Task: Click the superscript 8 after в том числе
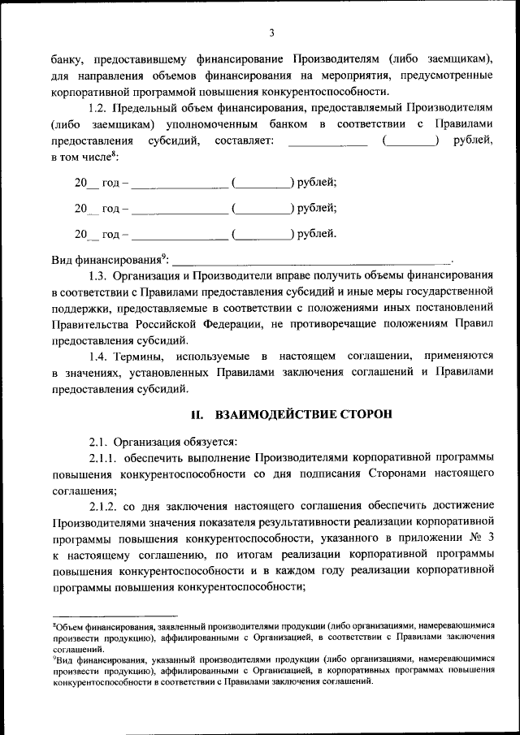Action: [114, 153]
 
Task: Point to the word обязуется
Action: [204, 442]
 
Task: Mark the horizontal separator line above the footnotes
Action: [114, 616]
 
